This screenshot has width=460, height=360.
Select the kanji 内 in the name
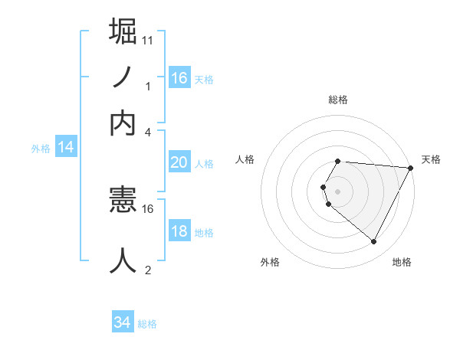(x=123, y=123)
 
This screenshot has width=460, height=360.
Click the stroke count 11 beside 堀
(x=148, y=40)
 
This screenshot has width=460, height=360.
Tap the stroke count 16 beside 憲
(x=148, y=208)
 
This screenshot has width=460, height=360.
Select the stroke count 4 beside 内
(x=148, y=132)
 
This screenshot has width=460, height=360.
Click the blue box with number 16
(x=179, y=77)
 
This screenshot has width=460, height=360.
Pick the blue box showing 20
(x=179, y=162)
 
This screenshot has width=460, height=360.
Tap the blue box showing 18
(x=179, y=231)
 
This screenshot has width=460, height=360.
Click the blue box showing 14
(x=66, y=147)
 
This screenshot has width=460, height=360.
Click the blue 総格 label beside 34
(x=147, y=324)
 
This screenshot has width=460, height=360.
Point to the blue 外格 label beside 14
(x=41, y=149)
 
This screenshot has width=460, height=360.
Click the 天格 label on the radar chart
(x=432, y=159)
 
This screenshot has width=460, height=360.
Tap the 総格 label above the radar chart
(x=338, y=100)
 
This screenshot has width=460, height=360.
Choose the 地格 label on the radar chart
(x=402, y=262)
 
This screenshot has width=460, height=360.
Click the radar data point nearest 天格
(x=411, y=168)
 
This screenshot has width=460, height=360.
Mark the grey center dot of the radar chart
(x=338, y=191)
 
